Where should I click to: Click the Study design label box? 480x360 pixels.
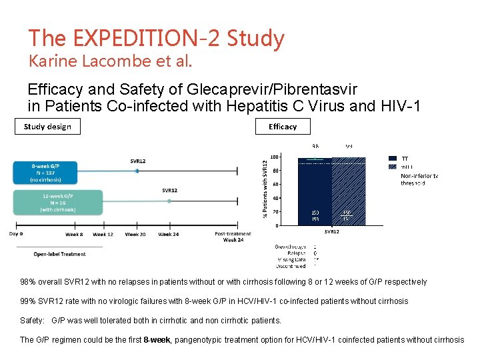pos(47,126)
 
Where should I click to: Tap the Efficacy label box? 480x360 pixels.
pos(283,126)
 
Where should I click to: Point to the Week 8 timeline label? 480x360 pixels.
pos(73,234)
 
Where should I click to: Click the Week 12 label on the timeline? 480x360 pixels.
pos(103,234)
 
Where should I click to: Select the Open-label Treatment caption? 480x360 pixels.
pos(60,253)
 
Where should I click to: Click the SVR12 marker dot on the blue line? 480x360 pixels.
pos(137,171)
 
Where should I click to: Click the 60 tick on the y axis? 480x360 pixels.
pos(275,185)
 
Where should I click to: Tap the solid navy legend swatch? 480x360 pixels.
pos(392,159)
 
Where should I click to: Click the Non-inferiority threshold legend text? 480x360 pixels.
pos(419,179)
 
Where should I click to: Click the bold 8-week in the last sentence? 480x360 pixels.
pos(157,340)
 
